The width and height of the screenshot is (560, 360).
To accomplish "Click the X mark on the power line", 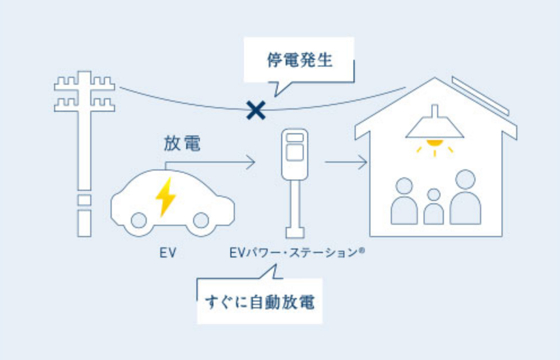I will [x=256, y=110].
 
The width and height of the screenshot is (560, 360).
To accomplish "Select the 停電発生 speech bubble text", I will [x=299, y=60].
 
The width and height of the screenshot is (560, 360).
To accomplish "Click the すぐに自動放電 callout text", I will [x=260, y=302].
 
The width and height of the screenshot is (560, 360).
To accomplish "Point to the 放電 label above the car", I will [x=182, y=143].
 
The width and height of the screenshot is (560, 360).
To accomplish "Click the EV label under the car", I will [x=168, y=253].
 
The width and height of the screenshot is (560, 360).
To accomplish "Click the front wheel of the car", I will [x=201, y=220].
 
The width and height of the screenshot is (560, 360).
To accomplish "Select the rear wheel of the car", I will [x=139, y=220].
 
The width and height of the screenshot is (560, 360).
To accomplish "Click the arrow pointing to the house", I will [x=346, y=162].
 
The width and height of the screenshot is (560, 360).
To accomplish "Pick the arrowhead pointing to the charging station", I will [x=251, y=162].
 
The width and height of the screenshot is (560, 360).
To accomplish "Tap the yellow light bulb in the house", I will [x=434, y=143].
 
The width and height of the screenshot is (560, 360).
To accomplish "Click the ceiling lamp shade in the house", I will [x=434, y=128].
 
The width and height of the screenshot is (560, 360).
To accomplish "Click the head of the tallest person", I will [x=465, y=180].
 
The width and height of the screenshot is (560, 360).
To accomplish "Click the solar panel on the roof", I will [x=480, y=95].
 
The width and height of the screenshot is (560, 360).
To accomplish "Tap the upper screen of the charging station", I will [x=295, y=138].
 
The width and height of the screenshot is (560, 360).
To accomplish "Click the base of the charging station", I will [x=295, y=232].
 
